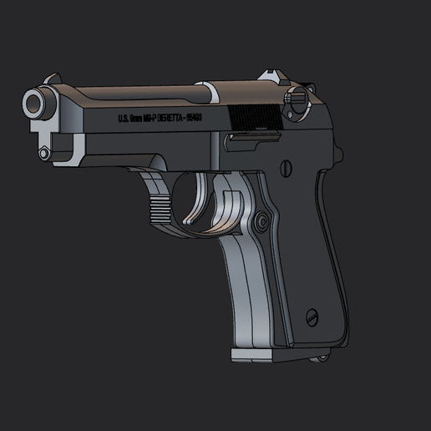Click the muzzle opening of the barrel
(34, 103)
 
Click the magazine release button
(262, 221)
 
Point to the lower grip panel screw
(312, 317)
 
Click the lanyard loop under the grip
(320, 359)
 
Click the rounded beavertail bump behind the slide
(338, 155)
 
